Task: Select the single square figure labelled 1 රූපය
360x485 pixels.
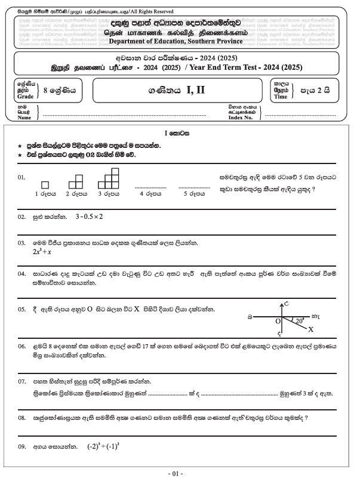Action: coord(45,185)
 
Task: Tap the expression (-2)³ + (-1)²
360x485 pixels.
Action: coord(107,446)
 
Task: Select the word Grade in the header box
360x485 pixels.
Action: coord(26,96)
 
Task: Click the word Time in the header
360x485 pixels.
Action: coord(281,96)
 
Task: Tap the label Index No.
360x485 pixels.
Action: coord(241,118)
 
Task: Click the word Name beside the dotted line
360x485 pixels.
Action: coord(24,118)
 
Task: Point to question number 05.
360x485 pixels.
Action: coord(21,310)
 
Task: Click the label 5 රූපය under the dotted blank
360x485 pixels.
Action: coord(193,194)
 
